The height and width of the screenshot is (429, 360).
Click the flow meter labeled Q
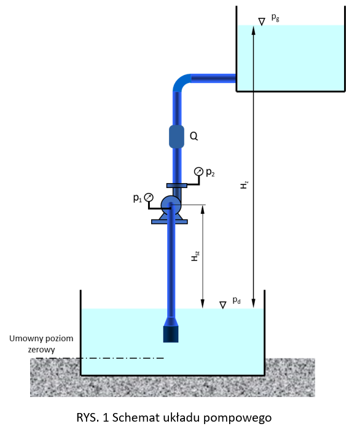(x=176, y=136)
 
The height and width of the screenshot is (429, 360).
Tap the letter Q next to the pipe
(x=194, y=136)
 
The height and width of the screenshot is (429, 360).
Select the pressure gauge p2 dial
(x=198, y=171)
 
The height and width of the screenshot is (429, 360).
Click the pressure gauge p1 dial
(x=149, y=197)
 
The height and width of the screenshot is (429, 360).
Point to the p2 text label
(x=210, y=172)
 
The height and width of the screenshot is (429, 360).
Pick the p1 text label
(x=138, y=198)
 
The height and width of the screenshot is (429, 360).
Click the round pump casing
(x=171, y=205)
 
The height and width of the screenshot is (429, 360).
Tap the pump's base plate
(x=170, y=222)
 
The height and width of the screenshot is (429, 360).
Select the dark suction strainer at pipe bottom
(x=171, y=334)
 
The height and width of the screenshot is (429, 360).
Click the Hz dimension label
(x=244, y=184)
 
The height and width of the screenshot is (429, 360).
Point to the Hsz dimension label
(x=195, y=256)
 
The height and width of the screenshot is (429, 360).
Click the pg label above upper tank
(x=275, y=17)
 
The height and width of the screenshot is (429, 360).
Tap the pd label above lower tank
(x=237, y=301)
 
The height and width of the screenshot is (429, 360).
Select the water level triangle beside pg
(x=262, y=22)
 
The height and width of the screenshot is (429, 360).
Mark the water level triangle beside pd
(x=223, y=305)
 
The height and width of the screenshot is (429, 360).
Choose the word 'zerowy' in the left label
(x=41, y=350)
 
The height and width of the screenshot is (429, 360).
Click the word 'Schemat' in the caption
(x=136, y=417)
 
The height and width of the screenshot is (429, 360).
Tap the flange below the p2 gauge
(x=177, y=186)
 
